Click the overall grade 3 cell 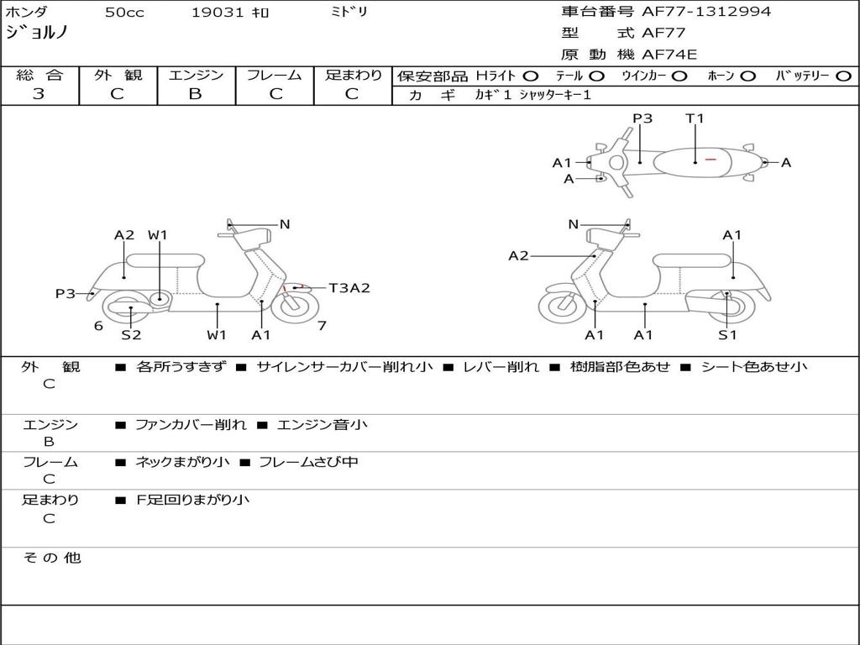(x=39, y=94)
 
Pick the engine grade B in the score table (x=195, y=94)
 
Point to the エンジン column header (x=196, y=75)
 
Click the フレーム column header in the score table (x=275, y=75)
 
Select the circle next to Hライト (x=531, y=76)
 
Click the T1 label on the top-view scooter (x=695, y=118)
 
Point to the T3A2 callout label (x=349, y=288)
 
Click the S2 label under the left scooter (x=131, y=334)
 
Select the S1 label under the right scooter (x=727, y=334)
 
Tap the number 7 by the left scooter (x=322, y=326)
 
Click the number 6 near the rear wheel (x=98, y=326)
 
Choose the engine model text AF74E (x=669, y=55)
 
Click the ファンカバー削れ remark (x=191, y=425)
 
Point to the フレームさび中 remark (x=308, y=462)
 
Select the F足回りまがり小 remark (x=192, y=500)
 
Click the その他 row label (x=51, y=558)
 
